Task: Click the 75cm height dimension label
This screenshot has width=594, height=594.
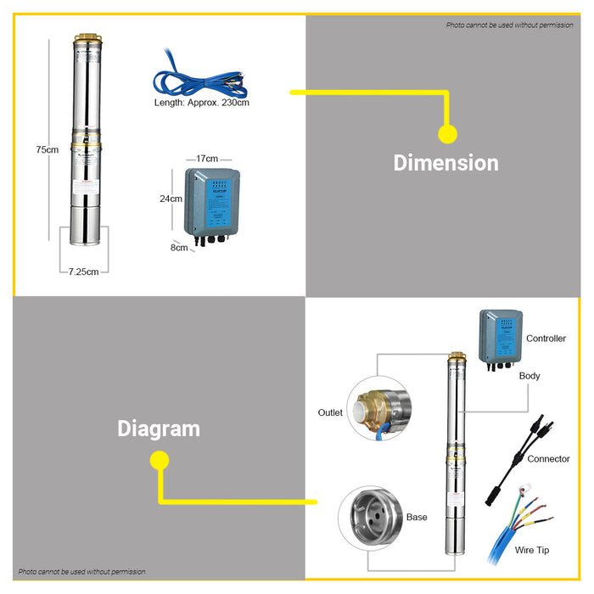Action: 48,150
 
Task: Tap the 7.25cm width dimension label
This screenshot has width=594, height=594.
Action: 84,272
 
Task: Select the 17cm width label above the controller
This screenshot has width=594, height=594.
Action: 207,159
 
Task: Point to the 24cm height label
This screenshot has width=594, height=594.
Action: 171,199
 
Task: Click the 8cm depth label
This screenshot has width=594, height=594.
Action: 179,248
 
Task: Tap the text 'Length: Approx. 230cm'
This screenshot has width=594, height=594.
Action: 201,103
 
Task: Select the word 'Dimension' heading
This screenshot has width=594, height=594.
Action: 445,163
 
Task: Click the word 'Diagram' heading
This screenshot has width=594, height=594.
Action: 159,429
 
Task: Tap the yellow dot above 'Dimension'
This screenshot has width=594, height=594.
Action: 447,134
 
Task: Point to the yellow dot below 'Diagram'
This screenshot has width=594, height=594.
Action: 159,460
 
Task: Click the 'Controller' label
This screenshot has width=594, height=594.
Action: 546,339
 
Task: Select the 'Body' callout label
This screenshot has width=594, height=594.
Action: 530,376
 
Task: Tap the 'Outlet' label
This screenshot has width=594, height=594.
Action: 330,413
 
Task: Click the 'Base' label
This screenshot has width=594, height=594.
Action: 417,517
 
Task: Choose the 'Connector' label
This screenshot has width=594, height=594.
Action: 548,459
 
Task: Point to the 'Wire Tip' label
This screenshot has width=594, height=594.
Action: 532,550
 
